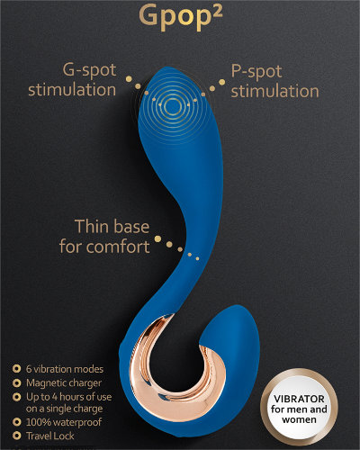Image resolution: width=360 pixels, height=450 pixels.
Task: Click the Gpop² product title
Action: [x=181, y=17]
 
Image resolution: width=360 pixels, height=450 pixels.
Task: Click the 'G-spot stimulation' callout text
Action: [x=72, y=80]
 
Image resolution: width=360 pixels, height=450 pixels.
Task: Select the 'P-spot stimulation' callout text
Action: [x=274, y=81]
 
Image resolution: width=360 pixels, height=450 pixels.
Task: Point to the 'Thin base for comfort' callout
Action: [x=104, y=237]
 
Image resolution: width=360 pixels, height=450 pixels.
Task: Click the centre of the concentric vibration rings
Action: [x=173, y=105]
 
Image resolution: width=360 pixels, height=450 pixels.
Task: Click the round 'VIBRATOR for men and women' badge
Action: [x=299, y=409]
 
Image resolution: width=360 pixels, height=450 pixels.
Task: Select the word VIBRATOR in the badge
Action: [x=299, y=399]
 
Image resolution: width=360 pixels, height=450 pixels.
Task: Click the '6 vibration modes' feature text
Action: [x=65, y=369]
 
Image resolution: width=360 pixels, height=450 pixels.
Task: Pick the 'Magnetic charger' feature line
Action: [x=64, y=383]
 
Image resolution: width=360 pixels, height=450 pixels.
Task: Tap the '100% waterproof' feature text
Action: [x=64, y=422]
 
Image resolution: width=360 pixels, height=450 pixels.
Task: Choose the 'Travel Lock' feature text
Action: [x=50, y=436]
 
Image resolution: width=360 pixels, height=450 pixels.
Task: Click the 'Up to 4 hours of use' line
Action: [x=69, y=397]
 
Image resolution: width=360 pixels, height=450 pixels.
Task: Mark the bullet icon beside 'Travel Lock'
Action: [x=16, y=436]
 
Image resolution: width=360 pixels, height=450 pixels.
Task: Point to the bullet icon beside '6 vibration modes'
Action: [x=16, y=369]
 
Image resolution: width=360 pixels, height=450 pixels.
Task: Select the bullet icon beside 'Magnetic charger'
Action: [x=16, y=383]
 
